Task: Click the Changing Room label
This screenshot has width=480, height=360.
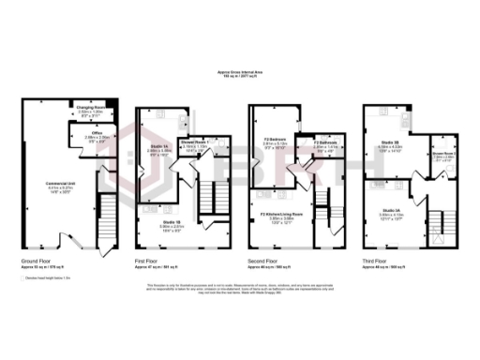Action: click(89, 108)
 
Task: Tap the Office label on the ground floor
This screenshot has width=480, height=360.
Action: click(97, 133)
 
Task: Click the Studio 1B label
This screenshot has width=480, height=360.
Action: click(171, 223)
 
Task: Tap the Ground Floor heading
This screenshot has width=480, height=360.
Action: click(37, 261)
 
